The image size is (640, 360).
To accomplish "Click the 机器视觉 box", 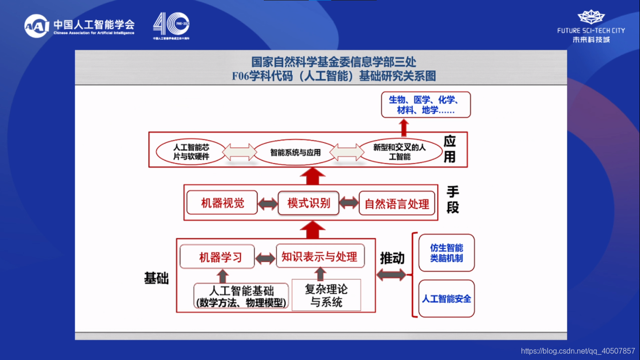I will coord(222,203).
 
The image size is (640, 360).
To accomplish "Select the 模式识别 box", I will coord(308,203).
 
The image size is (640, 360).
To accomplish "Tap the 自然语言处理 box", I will coord(396,204).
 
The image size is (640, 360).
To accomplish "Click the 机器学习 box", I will coord(217,257).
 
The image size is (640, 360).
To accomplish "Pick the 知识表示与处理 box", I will coord(320,256).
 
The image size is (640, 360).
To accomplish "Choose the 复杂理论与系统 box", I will coord(326,295).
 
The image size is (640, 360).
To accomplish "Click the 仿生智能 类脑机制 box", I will coord(446,253).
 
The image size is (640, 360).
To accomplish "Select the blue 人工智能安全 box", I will coord(446,299).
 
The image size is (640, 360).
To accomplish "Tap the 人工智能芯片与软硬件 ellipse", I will coord(191,152).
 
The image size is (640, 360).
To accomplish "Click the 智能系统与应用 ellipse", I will coord(295,152).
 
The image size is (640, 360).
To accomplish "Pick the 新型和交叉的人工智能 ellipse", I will coord(399,152).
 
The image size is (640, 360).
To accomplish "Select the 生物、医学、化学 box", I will coord(425,105).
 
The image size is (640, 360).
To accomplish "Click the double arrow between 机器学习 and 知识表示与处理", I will coord(265,258).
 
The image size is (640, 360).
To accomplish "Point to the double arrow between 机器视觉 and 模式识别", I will coord(268,204).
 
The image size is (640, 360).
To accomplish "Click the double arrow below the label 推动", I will coord(391,276).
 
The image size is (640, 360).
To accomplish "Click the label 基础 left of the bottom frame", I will coord(156,278).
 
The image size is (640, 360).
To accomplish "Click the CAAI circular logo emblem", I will coord(37,27).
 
